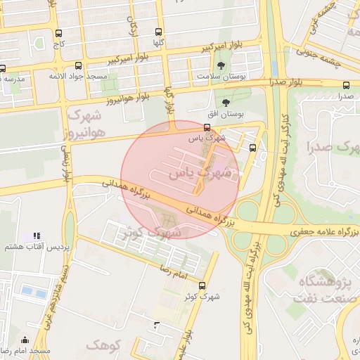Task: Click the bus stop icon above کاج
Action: pos(58,33)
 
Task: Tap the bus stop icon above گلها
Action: pos(158,32)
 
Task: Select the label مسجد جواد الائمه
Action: pos(78,75)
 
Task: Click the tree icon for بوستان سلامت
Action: pos(221,65)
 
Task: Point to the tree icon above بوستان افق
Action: pos(226,103)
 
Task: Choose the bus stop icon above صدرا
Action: pos(346,86)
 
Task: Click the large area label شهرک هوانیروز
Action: pos(85,122)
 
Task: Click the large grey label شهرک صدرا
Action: pos(333,148)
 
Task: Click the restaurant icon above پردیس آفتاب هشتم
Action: pos(37,236)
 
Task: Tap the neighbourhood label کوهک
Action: pos(103,345)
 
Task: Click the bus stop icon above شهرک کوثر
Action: pos(202,285)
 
